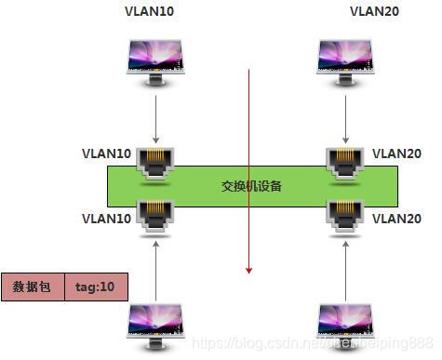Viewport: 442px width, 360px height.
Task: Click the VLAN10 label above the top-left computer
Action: pyautogui.click(x=149, y=12)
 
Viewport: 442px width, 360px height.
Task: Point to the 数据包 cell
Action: pyautogui.click(x=32, y=287)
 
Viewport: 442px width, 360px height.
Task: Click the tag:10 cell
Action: pyautogui.click(x=95, y=287)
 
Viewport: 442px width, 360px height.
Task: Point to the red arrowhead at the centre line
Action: pyautogui.click(x=249, y=270)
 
